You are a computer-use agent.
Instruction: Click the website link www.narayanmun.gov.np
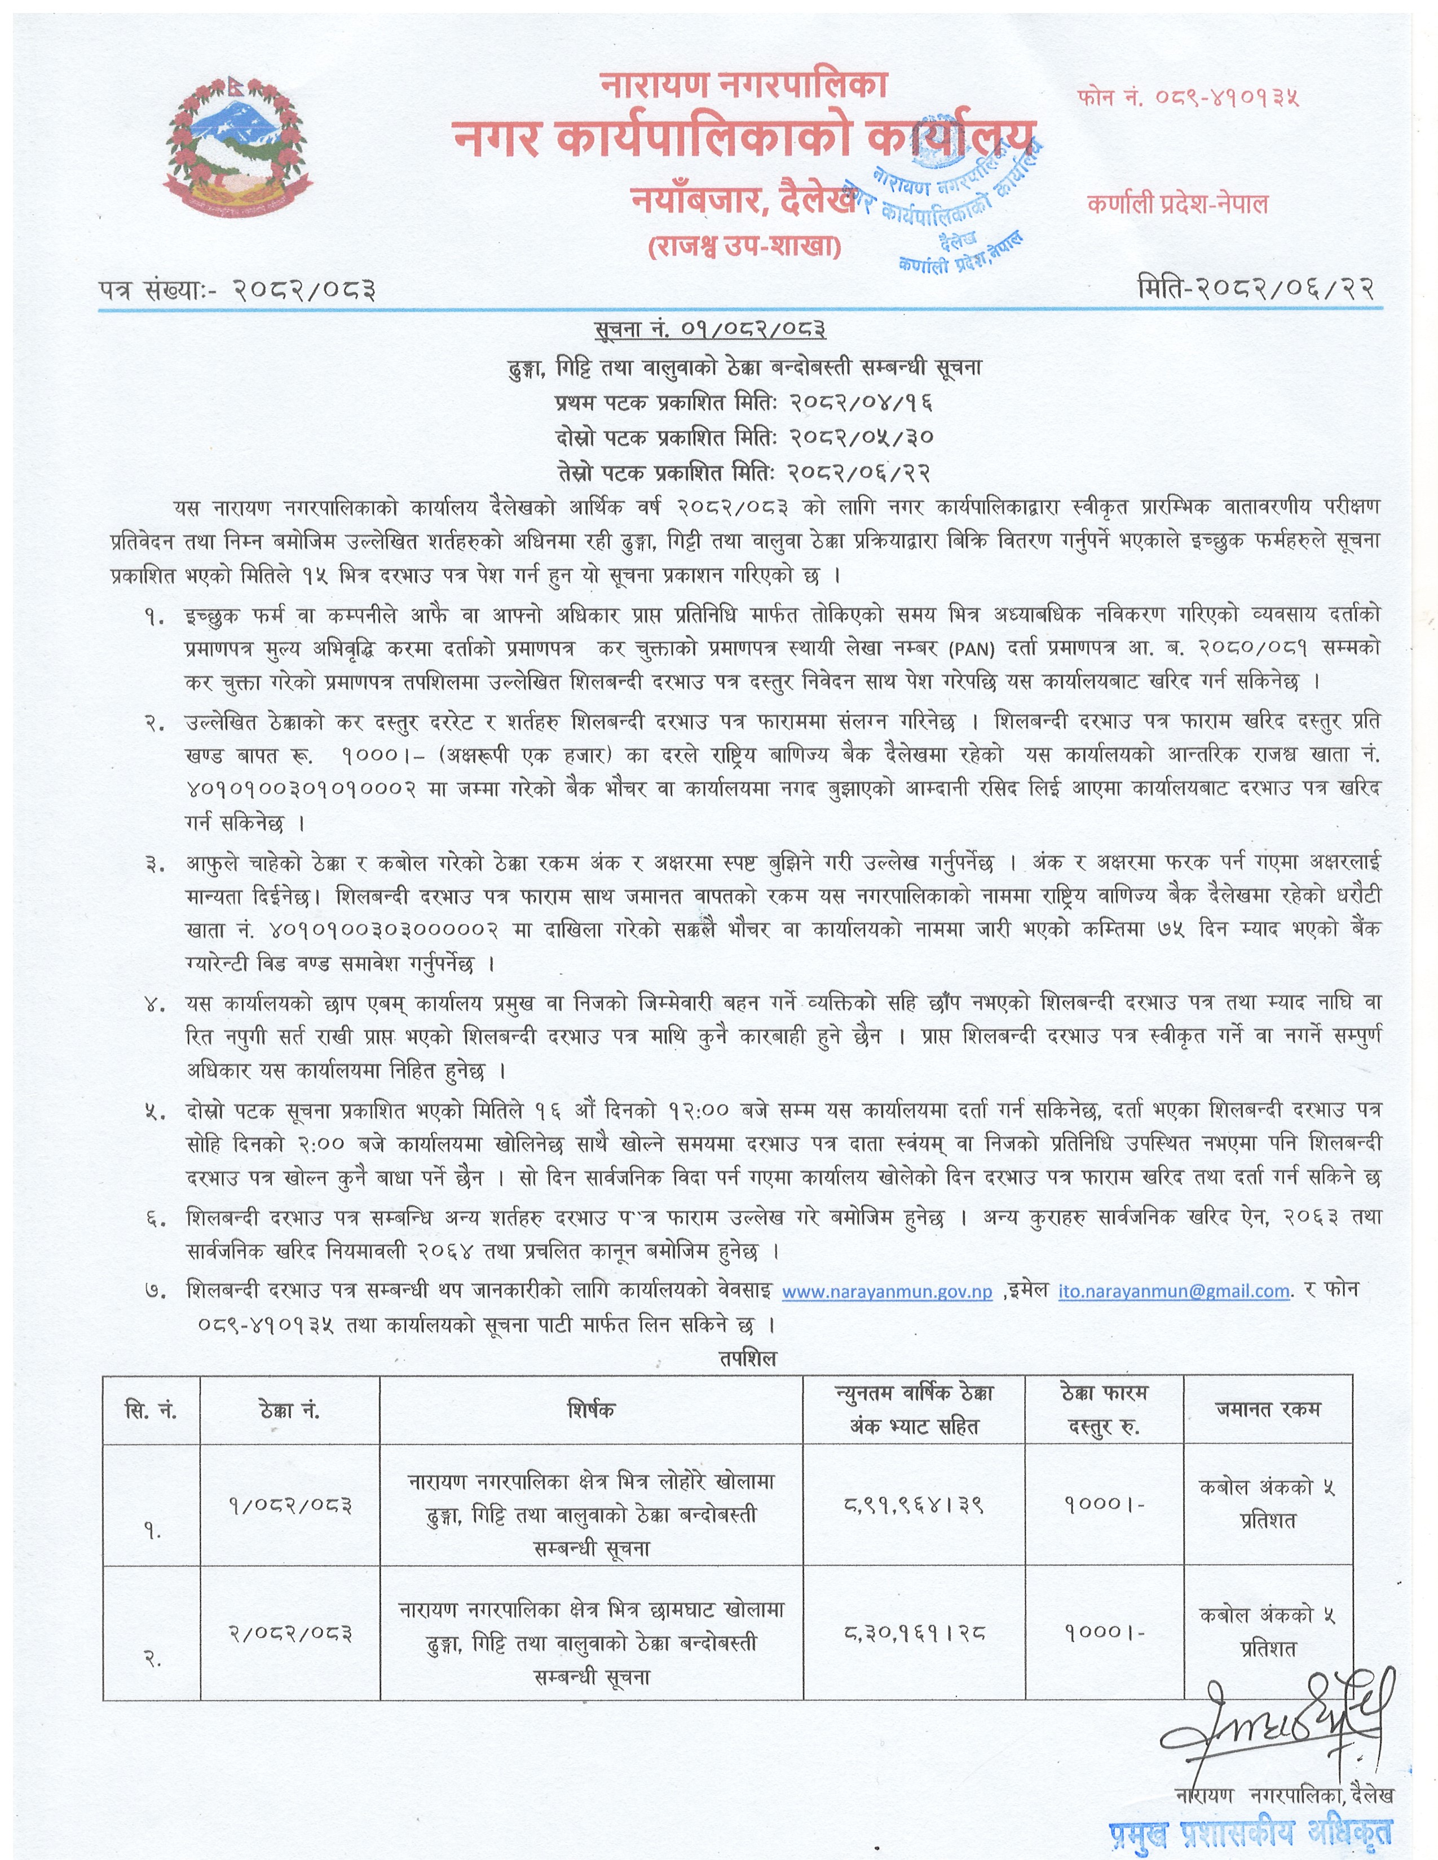pos(887,1292)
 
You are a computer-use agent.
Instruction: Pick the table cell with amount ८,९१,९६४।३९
pos(913,1505)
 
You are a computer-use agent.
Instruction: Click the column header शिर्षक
pos(590,1410)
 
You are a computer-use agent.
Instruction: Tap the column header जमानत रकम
pos(1267,1410)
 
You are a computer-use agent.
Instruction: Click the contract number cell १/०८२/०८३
pos(290,1505)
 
